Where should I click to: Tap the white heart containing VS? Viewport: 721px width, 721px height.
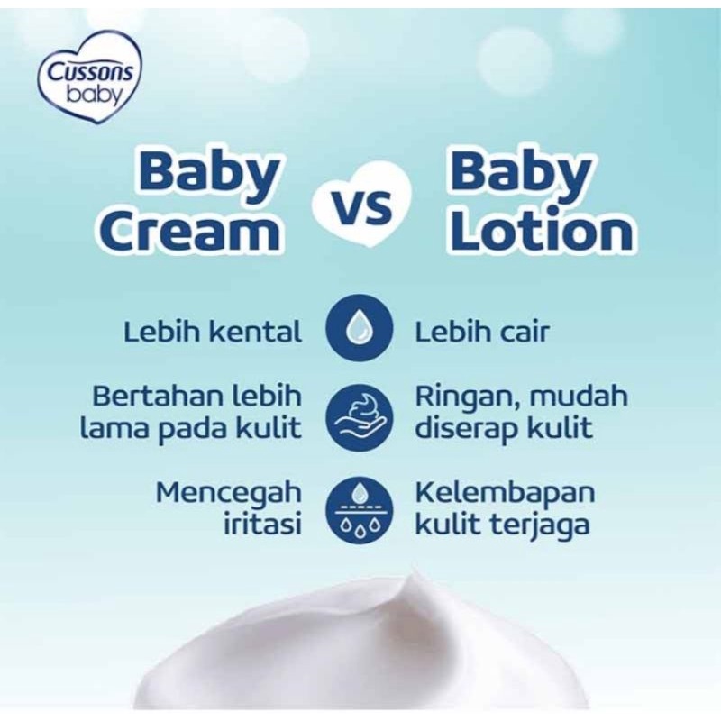[x=361, y=205]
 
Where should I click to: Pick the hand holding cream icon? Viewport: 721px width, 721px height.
[x=360, y=417]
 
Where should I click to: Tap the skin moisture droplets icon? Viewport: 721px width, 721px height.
[x=360, y=511]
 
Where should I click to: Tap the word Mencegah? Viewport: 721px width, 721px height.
[x=229, y=493]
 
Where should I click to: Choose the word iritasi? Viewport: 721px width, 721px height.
[x=262, y=524]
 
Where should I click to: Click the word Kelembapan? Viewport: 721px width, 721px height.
[x=505, y=493]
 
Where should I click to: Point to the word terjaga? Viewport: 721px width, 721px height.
[x=540, y=525]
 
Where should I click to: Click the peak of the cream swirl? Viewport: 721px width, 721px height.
[x=416, y=571]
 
